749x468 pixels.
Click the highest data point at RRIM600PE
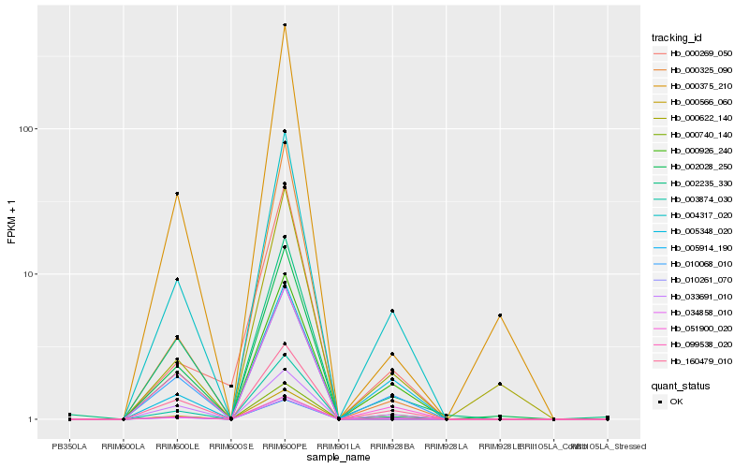tap(285, 25)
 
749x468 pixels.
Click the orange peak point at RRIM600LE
tap(177, 194)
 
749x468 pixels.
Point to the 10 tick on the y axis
tap(36, 274)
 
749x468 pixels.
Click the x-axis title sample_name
tap(338, 458)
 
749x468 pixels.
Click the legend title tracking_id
tap(677, 37)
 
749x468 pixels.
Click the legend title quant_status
tap(682, 385)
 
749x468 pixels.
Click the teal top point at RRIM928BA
tap(392, 311)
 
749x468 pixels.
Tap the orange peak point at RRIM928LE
tap(500, 315)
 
